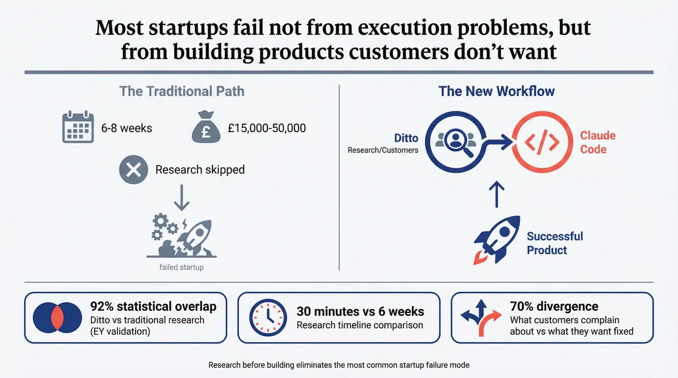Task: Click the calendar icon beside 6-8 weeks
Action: [x=77, y=128]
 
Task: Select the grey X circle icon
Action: [x=133, y=170]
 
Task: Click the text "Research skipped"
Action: [x=200, y=170]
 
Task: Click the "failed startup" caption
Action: [x=182, y=267]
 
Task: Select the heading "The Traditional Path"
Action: [x=182, y=91]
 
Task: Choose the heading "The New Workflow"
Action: [x=497, y=91]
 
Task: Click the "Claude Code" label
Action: [x=598, y=143]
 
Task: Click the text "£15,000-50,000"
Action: [x=267, y=128]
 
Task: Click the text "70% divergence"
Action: [x=554, y=307]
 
